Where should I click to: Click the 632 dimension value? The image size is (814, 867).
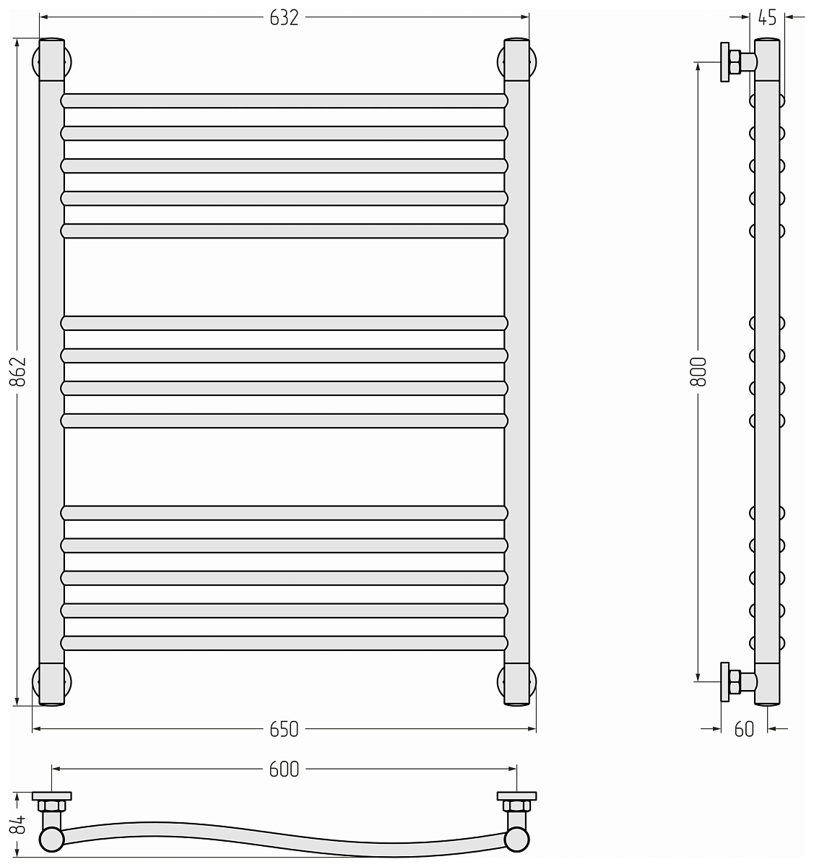tap(284, 17)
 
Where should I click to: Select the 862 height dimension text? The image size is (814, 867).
tap(18, 372)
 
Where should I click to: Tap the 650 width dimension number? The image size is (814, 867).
tap(284, 729)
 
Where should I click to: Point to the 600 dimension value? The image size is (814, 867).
tap(284, 769)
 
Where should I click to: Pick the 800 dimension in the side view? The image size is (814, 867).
tap(698, 372)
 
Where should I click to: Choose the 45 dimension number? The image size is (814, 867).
tap(767, 17)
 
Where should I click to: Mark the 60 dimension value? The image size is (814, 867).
tap(744, 729)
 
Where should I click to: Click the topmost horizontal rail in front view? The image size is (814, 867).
tap(284, 101)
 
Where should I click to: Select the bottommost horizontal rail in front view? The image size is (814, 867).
tap(284, 643)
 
